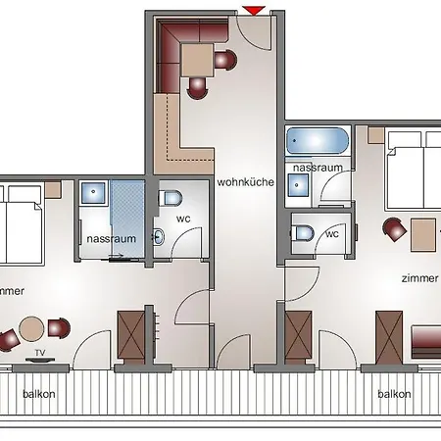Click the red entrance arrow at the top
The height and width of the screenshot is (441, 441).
coord(254,10)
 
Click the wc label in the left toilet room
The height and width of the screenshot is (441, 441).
coord(183,219)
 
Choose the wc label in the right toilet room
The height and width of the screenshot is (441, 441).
coord(332,233)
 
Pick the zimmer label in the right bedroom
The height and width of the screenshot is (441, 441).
coord(418,277)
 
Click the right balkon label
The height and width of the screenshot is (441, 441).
coord(393,393)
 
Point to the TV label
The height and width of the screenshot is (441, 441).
coord(40,351)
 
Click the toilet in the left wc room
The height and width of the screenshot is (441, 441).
coord(171,198)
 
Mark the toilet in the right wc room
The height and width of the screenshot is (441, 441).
coord(304,233)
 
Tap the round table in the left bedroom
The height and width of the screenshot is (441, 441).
coord(33,328)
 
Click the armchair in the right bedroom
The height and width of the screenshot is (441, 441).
coord(394,229)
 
